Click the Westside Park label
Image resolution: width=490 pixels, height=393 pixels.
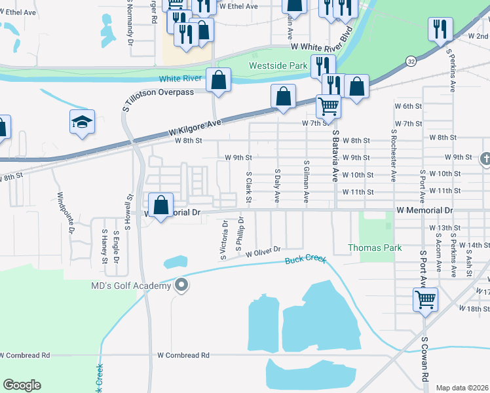(x=278, y=66)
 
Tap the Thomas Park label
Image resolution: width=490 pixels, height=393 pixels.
(x=374, y=248)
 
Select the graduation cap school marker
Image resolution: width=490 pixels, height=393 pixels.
(x=82, y=122)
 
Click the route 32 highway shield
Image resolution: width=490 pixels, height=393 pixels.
(x=411, y=61)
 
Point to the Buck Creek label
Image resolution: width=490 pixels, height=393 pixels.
(x=305, y=260)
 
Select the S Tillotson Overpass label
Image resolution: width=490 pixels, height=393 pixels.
(x=159, y=92)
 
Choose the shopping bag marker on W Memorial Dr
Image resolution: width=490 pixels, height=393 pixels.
(x=160, y=206)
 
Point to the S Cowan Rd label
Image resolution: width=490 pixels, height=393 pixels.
(x=424, y=360)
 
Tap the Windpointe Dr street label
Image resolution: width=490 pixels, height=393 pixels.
(x=66, y=213)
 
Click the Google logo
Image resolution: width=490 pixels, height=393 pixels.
(x=22, y=385)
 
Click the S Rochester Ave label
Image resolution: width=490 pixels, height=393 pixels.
(x=394, y=155)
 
